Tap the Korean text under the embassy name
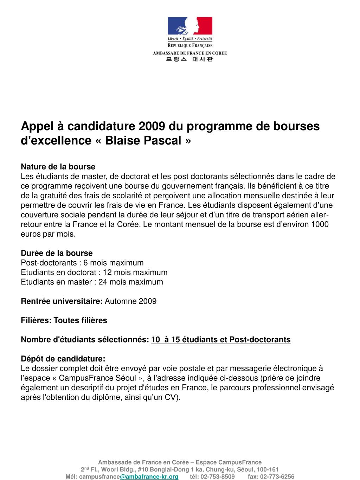189,59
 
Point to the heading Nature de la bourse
58,166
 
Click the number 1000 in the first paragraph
320,224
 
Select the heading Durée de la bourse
57,253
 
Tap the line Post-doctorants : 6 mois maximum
82,263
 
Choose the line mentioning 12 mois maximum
94,272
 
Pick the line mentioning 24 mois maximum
92,282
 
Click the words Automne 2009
131,301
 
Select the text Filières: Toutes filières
64,320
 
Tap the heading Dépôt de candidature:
63,359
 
